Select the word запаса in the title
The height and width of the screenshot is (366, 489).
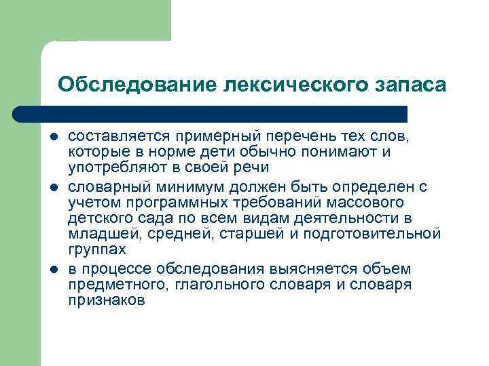pos(410,84)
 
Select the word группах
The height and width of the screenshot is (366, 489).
pos(97,251)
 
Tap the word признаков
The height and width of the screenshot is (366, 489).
pos(107,301)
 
